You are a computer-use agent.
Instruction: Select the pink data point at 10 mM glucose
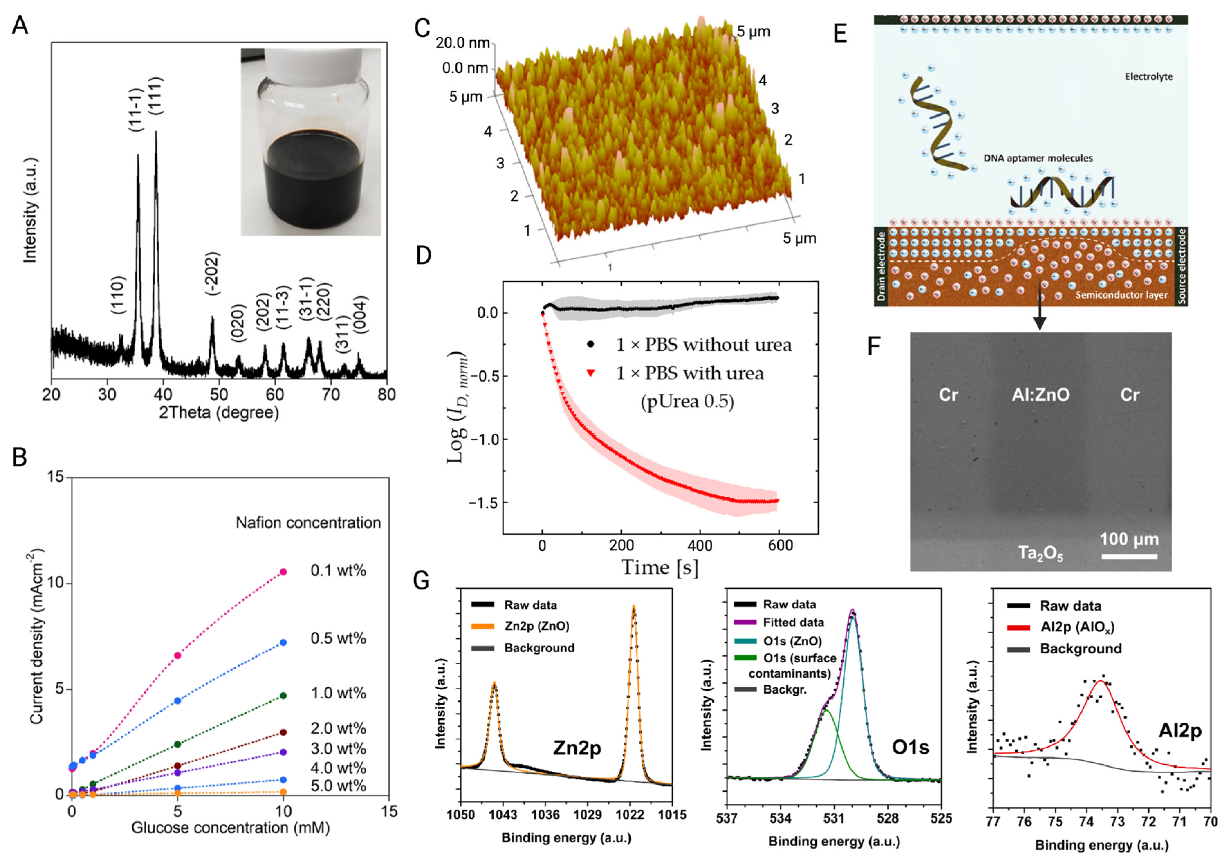pyautogui.click(x=284, y=571)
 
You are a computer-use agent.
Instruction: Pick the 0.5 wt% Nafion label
pyautogui.click(x=338, y=638)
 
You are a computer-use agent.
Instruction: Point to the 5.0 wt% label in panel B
pyautogui.click(x=338, y=786)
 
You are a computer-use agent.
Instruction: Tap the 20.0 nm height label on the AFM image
pyautogui.click(x=463, y=43)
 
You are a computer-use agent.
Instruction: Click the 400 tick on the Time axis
pyautogui.click(x=700, y=545)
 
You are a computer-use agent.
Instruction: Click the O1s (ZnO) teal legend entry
pyautogui.click(x=792, y=641)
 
